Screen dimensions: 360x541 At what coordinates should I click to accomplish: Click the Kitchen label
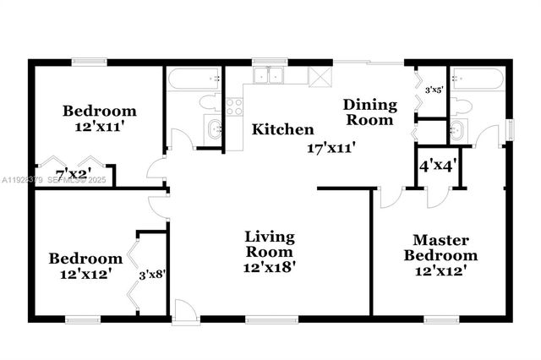pyautogui.click(x=283, y=130)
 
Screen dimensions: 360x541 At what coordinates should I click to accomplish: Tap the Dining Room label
pyautogui.click(x=369, y=112)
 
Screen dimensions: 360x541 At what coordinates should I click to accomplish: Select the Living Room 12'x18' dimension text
pyautogui.click(x=270, y=266)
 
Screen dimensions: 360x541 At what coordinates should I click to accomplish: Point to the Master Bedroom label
pyautogui.click(x=440, y=248)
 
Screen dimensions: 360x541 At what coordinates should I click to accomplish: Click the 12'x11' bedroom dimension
pyautogui.click(x=100, y=127)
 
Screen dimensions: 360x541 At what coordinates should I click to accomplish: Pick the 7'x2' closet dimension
pyautogui.click(x=74, y=175)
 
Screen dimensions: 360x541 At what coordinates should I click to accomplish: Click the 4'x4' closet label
pyautogui.click(x=439, y=166)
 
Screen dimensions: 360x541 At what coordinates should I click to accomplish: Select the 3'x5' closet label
pyautogui.click(x=434, y=89)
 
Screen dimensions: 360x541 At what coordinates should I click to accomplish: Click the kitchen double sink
pyautogui.click(x=271, y=76)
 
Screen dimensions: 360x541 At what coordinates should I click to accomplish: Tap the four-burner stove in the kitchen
pyautogui.click(x=234, y=106)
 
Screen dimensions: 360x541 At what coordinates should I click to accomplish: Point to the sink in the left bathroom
pyautogui.click(x=214, y=129)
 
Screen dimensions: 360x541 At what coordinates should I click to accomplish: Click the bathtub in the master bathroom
pyautogui.click(x=478, y=80)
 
